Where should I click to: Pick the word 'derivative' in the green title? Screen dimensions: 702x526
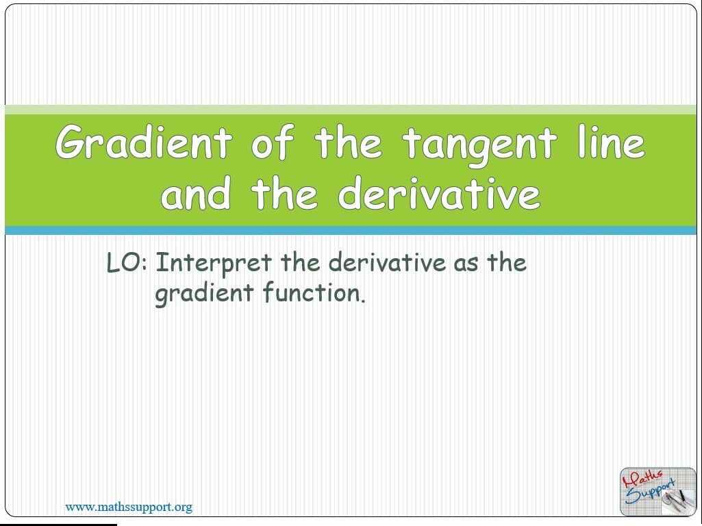[439, 192]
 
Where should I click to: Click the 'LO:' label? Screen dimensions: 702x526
[127, 263]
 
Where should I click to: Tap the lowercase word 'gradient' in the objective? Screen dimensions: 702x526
[205, 294]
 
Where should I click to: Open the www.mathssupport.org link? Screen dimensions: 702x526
[129, 508]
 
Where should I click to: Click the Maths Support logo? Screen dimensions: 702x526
[657, 491]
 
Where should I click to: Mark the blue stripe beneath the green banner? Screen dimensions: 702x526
[351, 231]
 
